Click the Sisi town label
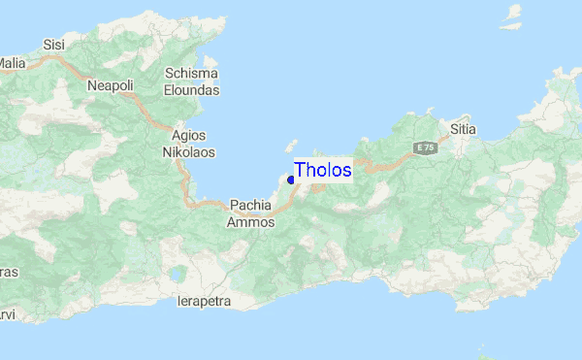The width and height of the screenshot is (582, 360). click(54, 45)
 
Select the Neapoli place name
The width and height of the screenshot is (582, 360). click(110, 85)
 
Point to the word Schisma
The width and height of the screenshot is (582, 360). click(191, 74)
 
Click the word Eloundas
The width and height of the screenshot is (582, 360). click(193, 90)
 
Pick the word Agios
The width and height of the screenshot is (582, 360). click(187, 135)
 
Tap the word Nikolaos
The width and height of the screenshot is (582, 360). click(188, 152)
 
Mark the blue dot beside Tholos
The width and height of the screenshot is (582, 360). click(291, 180)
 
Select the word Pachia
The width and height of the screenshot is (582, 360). click(251, 205)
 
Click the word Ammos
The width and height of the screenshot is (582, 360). click(251, 222)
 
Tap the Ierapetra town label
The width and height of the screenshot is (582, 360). click(205, 301)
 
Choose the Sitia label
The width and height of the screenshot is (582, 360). click(463, 127)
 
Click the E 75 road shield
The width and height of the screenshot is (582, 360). click(424, 147)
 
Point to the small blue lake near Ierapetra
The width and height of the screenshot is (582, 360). click(176, 275)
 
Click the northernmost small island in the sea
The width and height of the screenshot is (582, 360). click(511, 12)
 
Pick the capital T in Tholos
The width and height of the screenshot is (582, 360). click(301, 170)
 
